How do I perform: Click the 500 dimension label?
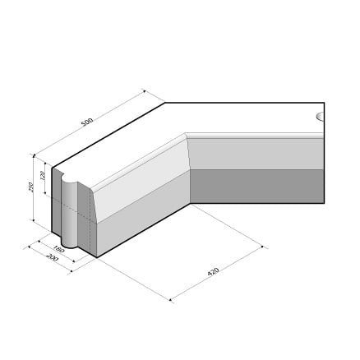(88, 122)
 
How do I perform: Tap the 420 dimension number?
(213, 272)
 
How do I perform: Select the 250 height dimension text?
(31, 187)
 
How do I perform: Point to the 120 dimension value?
(42, 176)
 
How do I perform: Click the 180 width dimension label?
(58, 249)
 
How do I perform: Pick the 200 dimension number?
(52, 257)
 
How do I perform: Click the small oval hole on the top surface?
(321, 117)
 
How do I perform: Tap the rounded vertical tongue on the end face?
(70, 211)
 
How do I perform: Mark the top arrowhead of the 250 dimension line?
(34, 156)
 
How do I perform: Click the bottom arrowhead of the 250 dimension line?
(34, 219)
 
